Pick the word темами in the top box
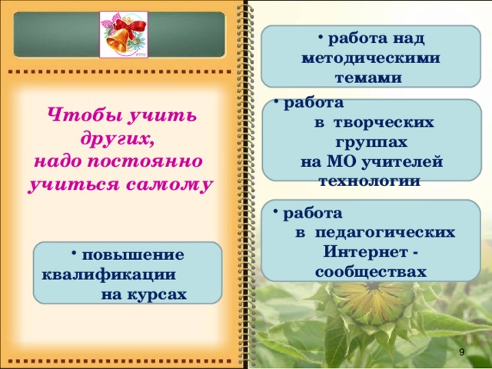(x=368, y=78)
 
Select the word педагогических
(x=394, y=231)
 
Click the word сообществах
(x=371, y=272)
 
